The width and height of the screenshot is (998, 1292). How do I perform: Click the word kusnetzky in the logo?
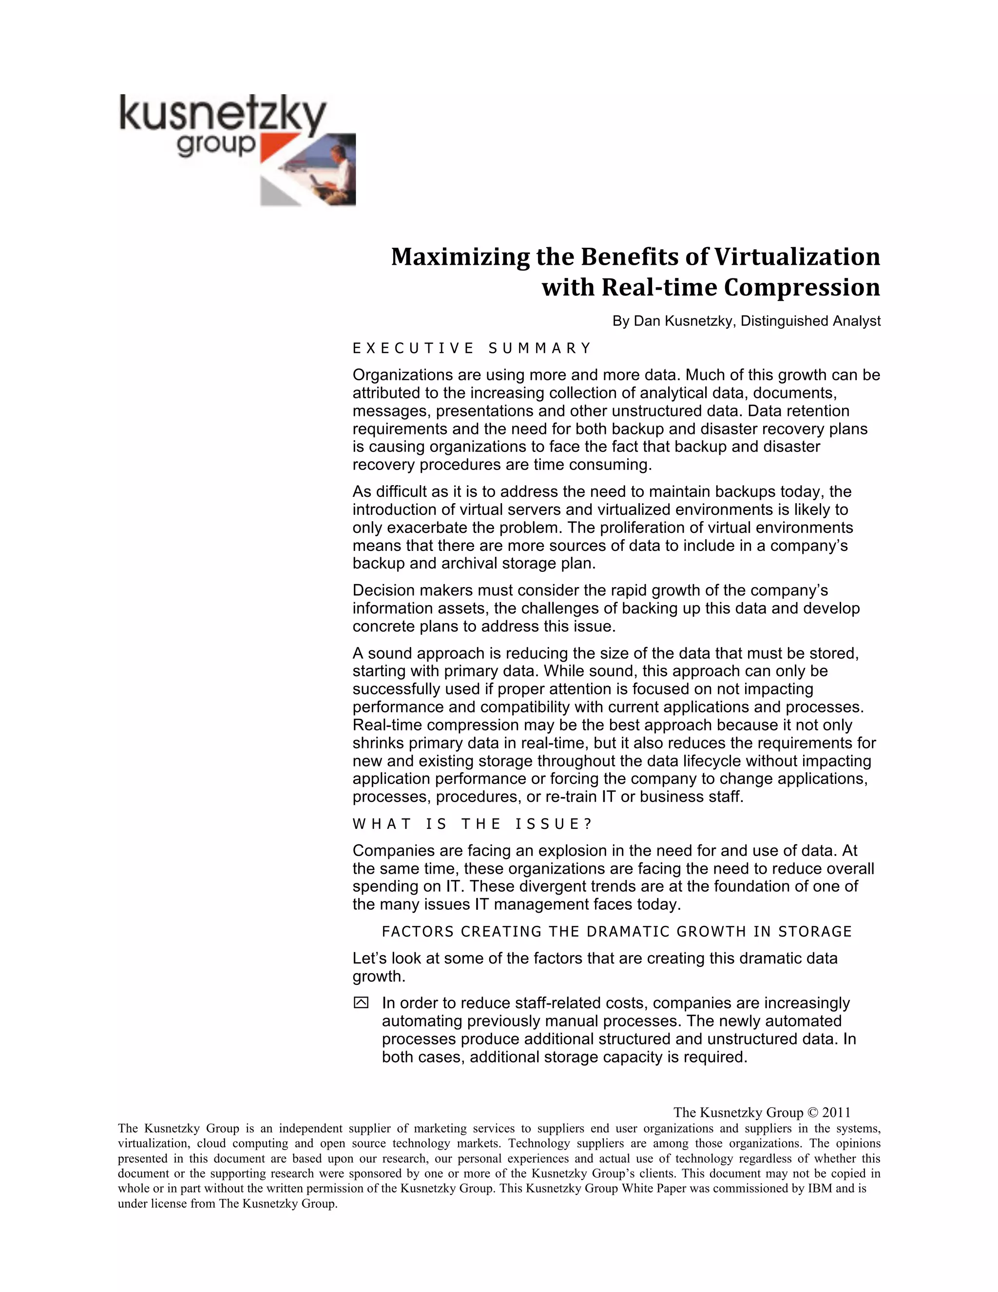pos(222,115)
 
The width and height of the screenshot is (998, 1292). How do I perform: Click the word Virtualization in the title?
pos(797,257)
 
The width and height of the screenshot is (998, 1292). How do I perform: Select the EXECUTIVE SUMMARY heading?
pos(471,349)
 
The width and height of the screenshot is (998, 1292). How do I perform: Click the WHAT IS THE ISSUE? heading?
pos(472,824)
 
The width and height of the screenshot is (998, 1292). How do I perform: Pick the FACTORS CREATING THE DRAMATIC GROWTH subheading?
pos(616,932)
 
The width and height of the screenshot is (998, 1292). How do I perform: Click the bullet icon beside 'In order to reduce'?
pos(361,1003)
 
